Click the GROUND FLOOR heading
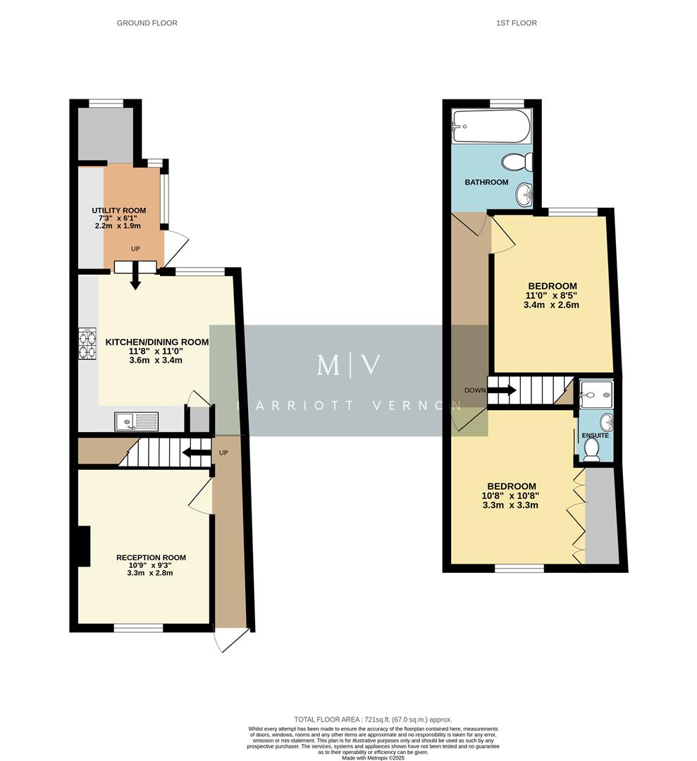pos(147,23)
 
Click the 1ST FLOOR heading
pos(517,23)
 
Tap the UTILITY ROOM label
pos(118,211)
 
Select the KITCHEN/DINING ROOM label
pos(157,342)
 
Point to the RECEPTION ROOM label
pos(151,558)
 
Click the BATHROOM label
pos(486,182)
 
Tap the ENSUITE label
pos(595,435)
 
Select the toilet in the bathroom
pos(517,163)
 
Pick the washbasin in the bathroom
pos(524,194)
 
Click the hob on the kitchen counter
pos(88,345)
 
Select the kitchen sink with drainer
pos(137,422)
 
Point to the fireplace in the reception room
pos(84,547)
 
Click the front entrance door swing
pos(230,640)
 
